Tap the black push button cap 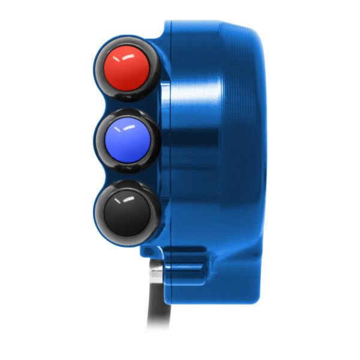click(x=127, y=212)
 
